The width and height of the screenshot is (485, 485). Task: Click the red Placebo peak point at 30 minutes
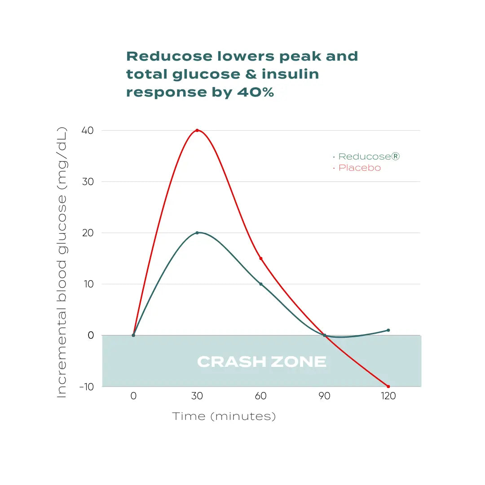pos(197,130)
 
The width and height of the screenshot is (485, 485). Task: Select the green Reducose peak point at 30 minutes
pos(197,233)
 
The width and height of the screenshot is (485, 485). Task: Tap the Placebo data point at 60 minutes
pos(260,258)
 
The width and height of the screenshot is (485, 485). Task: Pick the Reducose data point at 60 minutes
pos(260,284)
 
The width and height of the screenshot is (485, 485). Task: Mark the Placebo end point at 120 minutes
pos(388,386)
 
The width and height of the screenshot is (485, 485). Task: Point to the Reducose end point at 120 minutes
pos(388,330)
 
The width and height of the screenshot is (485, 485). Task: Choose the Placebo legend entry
pos(359,168)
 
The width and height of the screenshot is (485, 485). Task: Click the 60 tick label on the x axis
pos(260,396)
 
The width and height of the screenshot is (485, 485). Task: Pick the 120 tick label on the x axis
pos(388,396)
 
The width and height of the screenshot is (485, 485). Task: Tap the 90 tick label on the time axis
pos(324,396)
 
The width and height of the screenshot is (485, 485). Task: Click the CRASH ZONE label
pos(261,362)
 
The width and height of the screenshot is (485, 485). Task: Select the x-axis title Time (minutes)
pos(224,416)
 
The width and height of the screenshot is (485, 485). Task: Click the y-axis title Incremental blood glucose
pos(62,263)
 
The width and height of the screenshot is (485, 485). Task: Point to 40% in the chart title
pos(254,92)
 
